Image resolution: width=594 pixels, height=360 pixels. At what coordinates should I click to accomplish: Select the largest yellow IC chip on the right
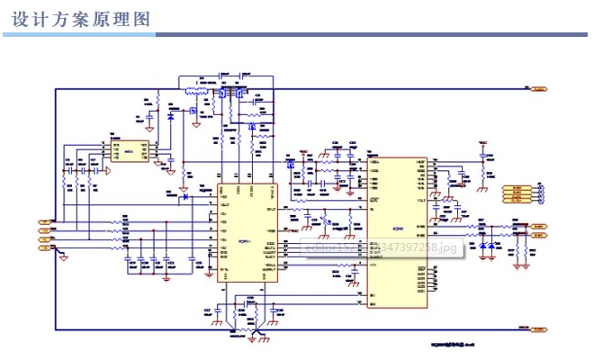(396, 233)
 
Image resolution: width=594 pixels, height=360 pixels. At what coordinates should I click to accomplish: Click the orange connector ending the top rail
(539, 89)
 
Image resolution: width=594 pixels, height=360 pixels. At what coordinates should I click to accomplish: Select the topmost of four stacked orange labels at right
(516, 188)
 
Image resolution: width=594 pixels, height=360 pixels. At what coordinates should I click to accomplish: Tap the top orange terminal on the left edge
(44, 220)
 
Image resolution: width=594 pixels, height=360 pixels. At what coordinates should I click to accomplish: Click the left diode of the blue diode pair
(482, 246)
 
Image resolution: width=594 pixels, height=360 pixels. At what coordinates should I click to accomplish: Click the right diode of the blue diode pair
(491, 246)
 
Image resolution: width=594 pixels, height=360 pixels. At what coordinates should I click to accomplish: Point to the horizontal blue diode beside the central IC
(184, 196)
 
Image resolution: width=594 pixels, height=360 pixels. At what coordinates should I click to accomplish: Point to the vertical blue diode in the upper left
(170, 116)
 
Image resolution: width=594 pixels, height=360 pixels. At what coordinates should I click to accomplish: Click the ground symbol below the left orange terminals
(64, 259)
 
